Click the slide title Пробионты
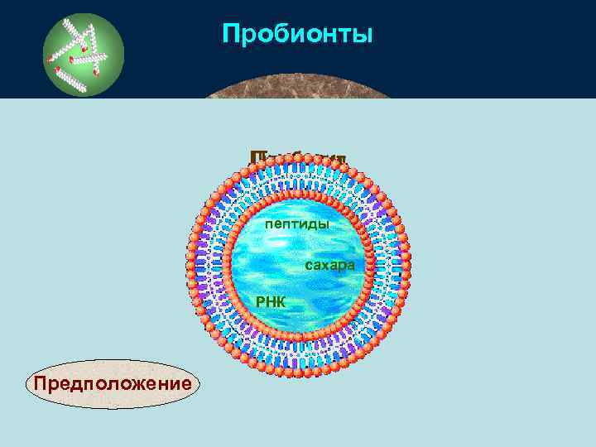tap(298, 35)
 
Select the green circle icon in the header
tap(83, 55)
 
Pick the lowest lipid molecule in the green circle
tap(78, 79)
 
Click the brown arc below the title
tap(298, 91)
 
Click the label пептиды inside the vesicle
tap(297, 224)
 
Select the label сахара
tap(329, 266)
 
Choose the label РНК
tap(271, 302)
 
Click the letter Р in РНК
tap(261, 302)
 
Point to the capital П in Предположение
tap(36, 384)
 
